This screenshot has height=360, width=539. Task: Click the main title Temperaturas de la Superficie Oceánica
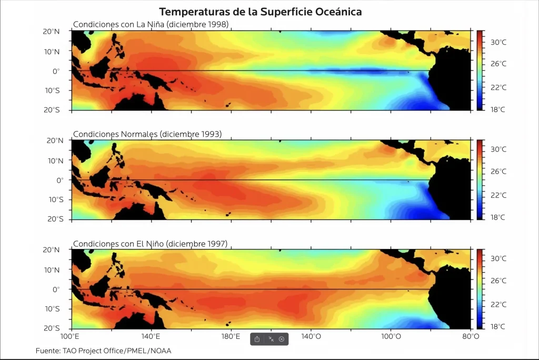(261, 12)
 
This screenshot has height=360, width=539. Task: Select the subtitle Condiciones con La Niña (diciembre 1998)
(151, 25)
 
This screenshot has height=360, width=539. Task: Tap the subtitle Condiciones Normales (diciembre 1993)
(147, 134)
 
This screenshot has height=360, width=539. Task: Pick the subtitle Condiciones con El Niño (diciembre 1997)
(150, 244)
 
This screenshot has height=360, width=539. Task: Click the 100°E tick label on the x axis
(71, 336)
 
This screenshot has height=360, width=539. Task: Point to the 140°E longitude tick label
(151, 336)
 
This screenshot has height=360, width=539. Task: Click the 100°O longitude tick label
(391, 336)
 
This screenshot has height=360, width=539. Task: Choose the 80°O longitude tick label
(470, 336)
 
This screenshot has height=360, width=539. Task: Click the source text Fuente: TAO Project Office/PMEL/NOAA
(103, 351)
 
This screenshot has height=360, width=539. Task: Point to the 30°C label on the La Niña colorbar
(498, 42)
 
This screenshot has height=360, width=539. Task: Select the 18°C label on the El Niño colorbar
(498, 327)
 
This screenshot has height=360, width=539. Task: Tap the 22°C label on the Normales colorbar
(498, 195)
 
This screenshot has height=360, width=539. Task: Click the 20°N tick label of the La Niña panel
(51, 31)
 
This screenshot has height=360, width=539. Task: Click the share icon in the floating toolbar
(257, 339)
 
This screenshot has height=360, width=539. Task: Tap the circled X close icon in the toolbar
(282, 339)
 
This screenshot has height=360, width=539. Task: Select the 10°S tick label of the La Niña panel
(51, 91)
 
